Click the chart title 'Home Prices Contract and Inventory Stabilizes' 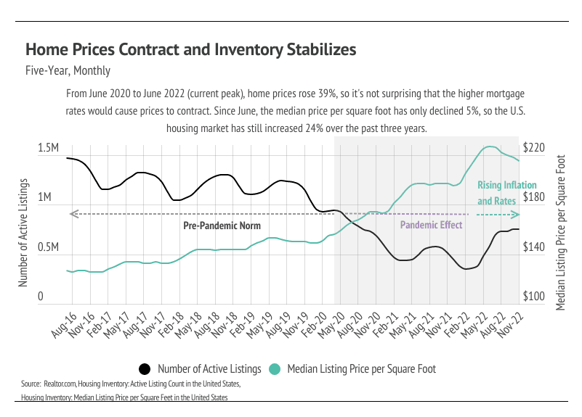click(x=190, y=50)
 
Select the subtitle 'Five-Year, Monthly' click(x=68, y=70)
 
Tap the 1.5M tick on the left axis click(x=48, y=148)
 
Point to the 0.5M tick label click(x=48, y=247)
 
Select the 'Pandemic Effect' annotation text click(x=432, y=226)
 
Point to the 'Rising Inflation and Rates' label click(x=496, y=193)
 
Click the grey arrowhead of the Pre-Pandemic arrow click(x=71, y=214)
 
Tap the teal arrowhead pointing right click(x=516, y=215)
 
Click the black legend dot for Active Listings click(x=145, y=369)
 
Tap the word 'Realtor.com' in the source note click(x=62, y=382)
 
